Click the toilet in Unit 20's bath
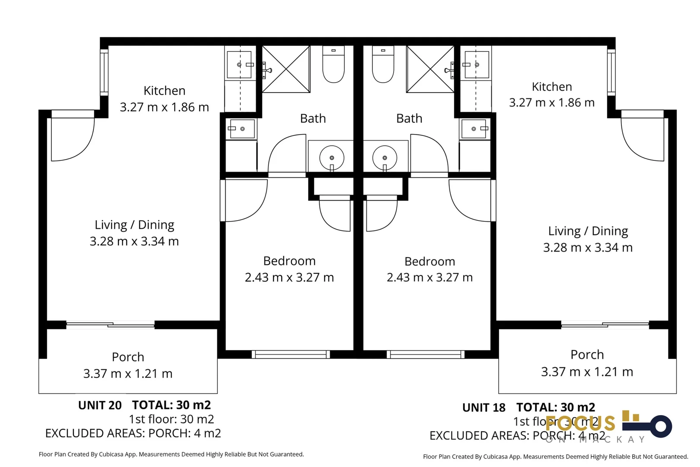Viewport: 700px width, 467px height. click(333, 65)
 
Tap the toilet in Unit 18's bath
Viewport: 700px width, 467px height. click(383, 65)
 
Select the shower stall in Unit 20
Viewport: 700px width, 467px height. click(286, 69)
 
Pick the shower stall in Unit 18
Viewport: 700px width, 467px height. click(430, 69)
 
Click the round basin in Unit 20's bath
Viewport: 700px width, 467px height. click(331, 158)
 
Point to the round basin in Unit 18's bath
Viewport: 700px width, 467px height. click(385, 158)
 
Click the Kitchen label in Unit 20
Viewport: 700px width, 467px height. click(164, 91)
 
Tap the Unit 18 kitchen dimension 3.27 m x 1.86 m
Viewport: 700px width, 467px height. click(552, 103)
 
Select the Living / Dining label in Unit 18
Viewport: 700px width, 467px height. click(588, 231)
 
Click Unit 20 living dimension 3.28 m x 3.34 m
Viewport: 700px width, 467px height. click(134, 241)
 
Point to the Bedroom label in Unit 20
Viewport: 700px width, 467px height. click(289, 261)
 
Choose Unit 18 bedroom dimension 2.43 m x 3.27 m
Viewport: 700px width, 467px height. click(430, 278)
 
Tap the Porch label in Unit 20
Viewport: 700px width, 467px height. click(128, 357)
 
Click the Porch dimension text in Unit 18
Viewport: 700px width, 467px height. click(587, 372)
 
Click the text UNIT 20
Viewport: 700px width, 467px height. click(100, 406)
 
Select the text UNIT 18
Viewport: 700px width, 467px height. click(484, 408)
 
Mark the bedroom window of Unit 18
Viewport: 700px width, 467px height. click(426, 355)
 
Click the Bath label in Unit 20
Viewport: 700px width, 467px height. click(313, 118)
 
